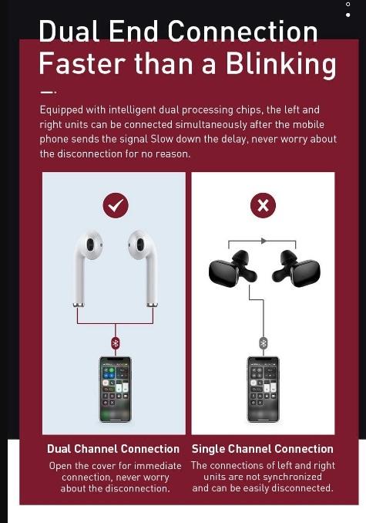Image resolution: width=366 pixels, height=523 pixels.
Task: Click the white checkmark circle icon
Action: [116, 205]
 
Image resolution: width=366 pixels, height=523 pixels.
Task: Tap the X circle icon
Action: [264, 205]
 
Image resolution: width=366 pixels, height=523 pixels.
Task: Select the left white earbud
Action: [88, 262]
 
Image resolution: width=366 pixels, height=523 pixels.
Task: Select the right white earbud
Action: [143, 262]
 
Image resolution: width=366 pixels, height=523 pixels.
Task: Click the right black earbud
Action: [300, 269]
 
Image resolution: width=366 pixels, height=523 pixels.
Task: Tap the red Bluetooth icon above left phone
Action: [116, 342]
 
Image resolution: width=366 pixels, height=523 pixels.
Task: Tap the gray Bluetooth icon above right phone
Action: [264, 342]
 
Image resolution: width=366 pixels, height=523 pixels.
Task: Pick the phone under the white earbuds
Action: [115, 389]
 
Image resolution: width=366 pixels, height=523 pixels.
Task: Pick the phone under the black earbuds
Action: [263, 389]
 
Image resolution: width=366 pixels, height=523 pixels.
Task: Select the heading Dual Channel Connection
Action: [113, 449]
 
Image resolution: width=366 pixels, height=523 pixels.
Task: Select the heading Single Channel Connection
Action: [263, 449]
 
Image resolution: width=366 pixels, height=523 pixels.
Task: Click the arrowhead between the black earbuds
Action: [264, 241]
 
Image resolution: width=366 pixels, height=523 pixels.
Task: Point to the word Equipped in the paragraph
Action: [64, 110]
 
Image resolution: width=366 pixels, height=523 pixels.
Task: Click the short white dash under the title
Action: [47, 92]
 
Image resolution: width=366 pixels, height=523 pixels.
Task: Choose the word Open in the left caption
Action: [61, 466]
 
